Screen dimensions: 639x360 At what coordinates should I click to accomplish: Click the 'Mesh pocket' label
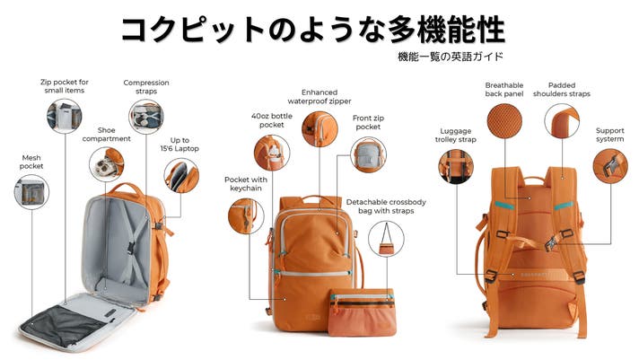pos(31,162)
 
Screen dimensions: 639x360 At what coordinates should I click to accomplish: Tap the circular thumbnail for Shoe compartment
pos(107,164)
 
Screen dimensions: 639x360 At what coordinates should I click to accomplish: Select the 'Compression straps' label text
pos(146,87)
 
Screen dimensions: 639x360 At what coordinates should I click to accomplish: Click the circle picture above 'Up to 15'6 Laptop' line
pos(181,176)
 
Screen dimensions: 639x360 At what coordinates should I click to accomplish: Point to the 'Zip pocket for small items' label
pos(65,86)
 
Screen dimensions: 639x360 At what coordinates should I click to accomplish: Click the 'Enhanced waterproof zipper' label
pos(319,97)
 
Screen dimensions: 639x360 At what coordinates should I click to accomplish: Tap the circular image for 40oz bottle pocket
pos(272,153)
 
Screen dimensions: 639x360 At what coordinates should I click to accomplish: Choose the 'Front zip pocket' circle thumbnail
pos(368,154)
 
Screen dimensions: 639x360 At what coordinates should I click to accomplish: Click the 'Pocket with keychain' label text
pos(246,184)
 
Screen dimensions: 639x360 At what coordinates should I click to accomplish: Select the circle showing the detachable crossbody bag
pos(386,239)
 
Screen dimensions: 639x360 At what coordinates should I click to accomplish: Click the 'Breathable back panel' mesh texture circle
pos(504,120)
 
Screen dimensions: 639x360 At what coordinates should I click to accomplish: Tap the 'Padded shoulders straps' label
pos(562,89)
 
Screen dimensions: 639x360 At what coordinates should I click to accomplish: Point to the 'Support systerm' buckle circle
pos(610,165)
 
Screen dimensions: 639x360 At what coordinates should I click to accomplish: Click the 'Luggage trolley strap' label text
pos(456,136)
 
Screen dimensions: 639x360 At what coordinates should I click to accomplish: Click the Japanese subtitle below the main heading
pos(451,57)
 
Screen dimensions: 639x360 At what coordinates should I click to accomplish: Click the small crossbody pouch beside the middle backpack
pos(362,312)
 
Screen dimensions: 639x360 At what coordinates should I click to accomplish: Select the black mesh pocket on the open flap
pos(66,325)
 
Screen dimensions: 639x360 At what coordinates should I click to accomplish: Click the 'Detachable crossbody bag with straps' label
pos(386,206)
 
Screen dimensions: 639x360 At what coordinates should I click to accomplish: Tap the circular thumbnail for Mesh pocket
pos(31,192)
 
